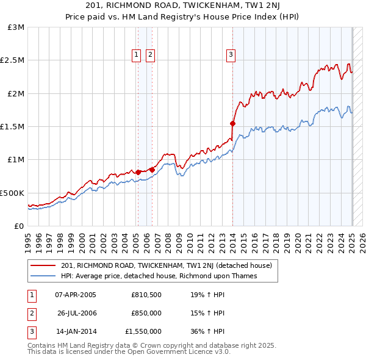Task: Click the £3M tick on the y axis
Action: [x=16, y=27]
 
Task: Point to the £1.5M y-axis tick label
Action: [x=13, y=126]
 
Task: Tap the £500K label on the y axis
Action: [x=13, y=193]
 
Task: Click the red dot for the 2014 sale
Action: [x=232, y=123]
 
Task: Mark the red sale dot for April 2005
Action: [x=138, y=172]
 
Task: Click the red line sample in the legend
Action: [x=43, y=265]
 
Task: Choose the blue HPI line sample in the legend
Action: [x=43, y=276]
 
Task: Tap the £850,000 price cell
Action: [x=146, y=314]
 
